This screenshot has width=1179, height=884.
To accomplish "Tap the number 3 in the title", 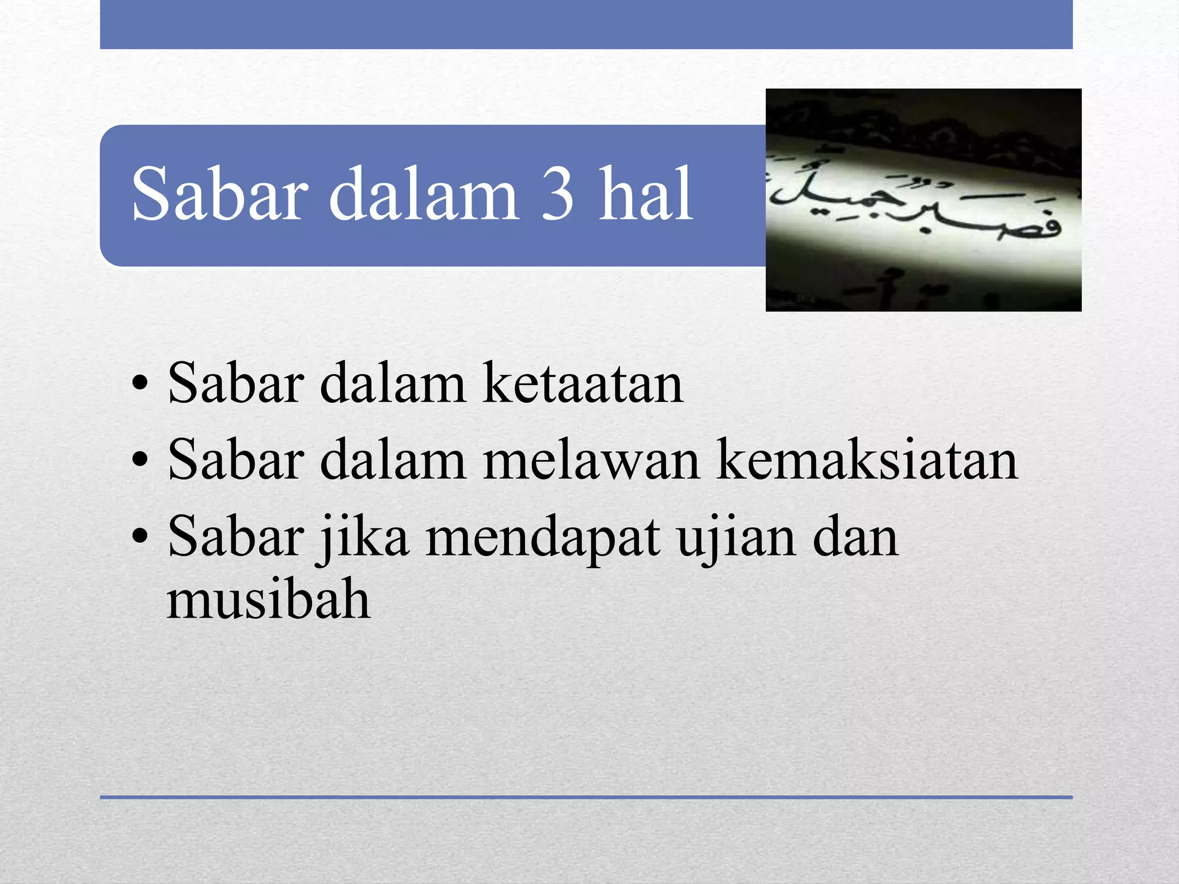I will pyautogui.click(x=557, y=194).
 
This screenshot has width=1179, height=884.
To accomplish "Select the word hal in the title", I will pyautogui.click(x=646, y=194).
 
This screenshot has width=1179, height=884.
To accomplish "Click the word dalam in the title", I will pyautogui.click(x=423, y=194).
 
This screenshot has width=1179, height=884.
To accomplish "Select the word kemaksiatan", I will pyautogui.click(x=868, y=460).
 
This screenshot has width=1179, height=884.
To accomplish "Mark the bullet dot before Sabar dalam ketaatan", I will pyautogui.click(x=140, y=384).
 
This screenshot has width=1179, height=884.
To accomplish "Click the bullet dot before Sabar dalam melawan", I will pyautogui.click(x=140, y=461).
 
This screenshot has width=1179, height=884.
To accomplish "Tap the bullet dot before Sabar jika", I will pyautogui.click(x=140, y=538).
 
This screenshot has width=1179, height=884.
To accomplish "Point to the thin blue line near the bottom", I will pyautogui.click(x=586, y=797).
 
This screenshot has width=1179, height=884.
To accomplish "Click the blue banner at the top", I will pyautogui.click(x=586, y=24).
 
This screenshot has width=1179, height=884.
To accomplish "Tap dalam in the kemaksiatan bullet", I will pyautogui.click(x=392, y=460).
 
